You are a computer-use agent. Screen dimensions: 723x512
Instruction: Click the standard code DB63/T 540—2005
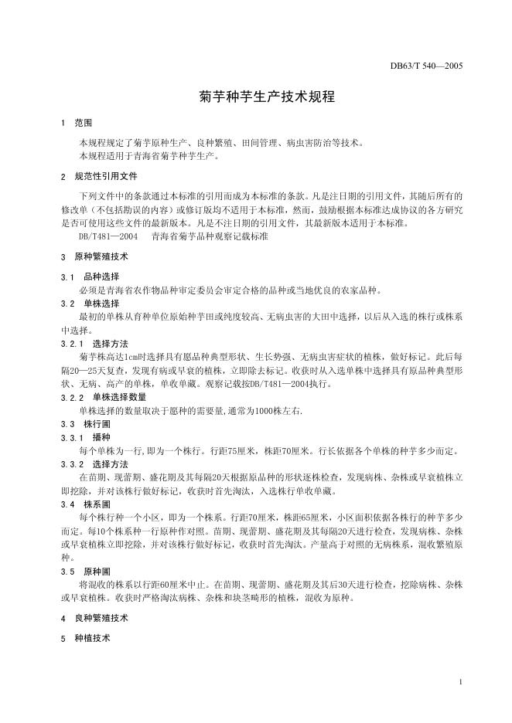tap(426, 66)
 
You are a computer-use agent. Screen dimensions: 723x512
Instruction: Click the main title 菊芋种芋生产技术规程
tap(255, 99)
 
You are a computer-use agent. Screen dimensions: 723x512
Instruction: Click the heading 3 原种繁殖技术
tap(94, 256)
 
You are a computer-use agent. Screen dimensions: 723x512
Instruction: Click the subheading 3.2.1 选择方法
tap(94, 343)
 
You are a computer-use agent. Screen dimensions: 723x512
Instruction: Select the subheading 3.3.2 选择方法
tap(94, 464)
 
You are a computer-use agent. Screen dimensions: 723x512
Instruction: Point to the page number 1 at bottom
tap(460, 682)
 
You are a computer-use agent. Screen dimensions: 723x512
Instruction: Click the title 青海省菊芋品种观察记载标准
tap(210, 238)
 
